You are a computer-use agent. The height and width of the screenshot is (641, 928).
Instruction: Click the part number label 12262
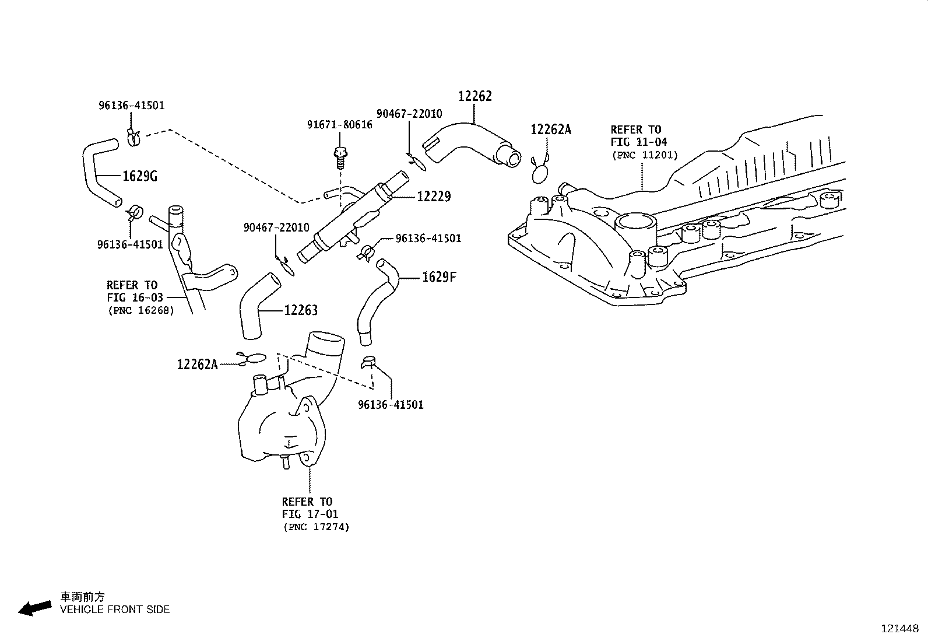pyautogui.click(x=474, y=97)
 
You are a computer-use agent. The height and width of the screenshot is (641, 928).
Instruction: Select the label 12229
pyautogui.click(x=434, y=197)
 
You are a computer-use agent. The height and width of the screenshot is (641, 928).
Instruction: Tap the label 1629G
pyautogui.click(x=140, y=176)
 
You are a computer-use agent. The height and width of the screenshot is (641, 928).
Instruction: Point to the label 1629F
pyautogui.click(x=439, y=277)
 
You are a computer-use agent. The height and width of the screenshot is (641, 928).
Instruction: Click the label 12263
pyautogui.click(x=301, y=311)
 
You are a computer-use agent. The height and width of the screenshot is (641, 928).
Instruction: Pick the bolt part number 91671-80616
pyautogui.click(x=340, y=125)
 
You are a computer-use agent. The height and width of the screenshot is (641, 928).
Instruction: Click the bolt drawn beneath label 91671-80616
pyautogui.click(x=340, y=155)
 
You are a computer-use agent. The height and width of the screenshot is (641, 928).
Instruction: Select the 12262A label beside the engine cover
pyautogui.click(x=551, y=130)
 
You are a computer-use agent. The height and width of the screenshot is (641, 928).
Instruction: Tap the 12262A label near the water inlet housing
pyautogui.click(x=197, y=365)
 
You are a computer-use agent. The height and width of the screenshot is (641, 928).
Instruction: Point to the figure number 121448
pyautogui.click(x=899, y=629)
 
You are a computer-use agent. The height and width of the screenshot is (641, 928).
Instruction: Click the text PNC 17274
pyautogui.click(x=317, y=527)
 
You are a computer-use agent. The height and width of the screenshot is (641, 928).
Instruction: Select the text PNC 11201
pyautogui.click(x=645, y=155)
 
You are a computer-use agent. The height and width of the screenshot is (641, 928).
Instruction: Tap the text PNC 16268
pyautogui.click(x=141, y=310)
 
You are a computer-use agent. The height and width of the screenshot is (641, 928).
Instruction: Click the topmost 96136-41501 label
pyautogui.click(x=131, y=106)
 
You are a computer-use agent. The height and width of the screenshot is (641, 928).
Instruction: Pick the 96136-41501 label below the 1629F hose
pyautogui.click(x=391, y=405)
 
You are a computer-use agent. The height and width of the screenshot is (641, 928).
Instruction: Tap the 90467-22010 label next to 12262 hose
pyautogui.click(x=409, y=114)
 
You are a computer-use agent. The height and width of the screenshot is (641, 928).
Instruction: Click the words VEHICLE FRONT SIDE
pyautogui.click(x=115, y=610)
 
